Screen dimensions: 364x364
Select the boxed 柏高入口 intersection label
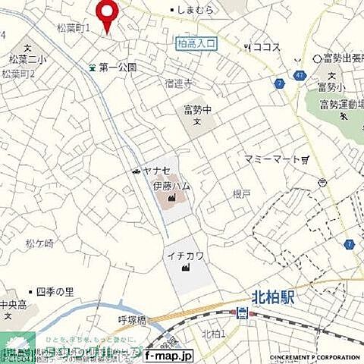pos(195,44)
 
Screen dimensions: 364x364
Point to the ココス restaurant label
pos(266,47)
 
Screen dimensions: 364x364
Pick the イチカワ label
pos(184,257)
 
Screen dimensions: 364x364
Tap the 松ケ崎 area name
pos(40,243)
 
